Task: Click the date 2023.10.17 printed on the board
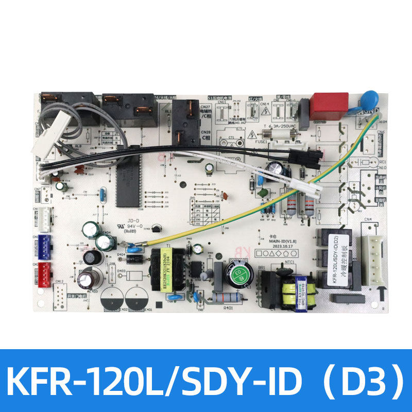(x=273, y=245)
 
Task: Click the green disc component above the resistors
(x=264, y=194)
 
